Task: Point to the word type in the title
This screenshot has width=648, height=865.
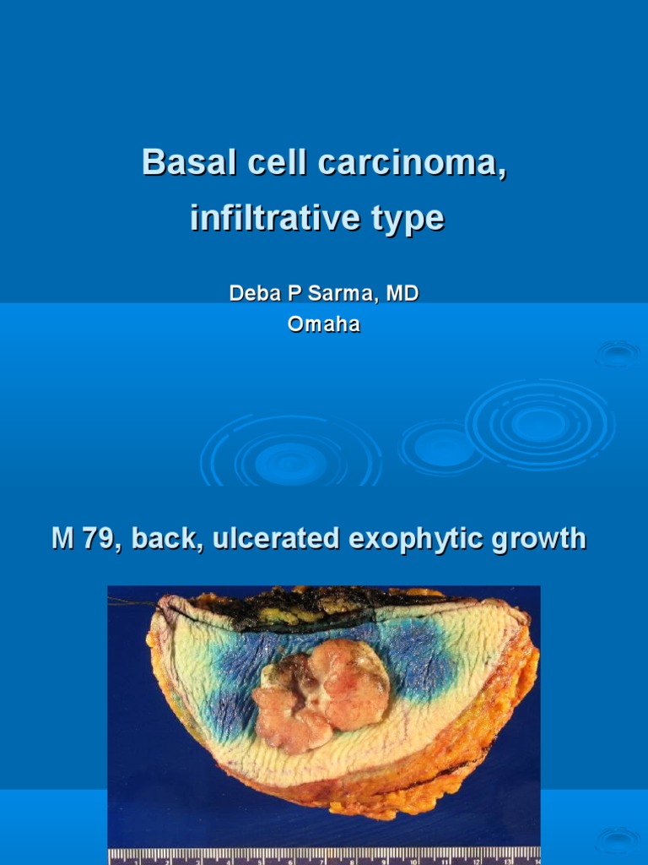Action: [x=408, y=219]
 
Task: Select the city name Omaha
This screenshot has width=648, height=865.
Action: [x=324, y=324]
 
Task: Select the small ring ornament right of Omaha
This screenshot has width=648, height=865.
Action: [x=618, y=353]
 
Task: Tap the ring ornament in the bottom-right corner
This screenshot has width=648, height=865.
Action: [x=618, y=840]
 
